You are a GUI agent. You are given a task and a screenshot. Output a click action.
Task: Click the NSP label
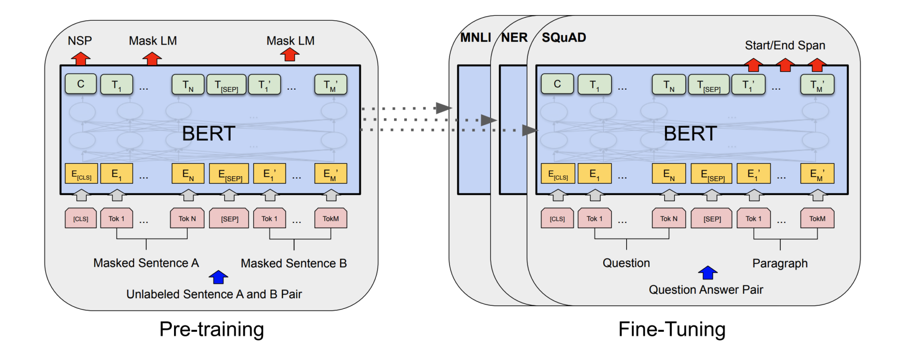click(x=80, y=41)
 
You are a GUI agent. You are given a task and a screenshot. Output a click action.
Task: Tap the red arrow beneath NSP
click(x=80, y=58)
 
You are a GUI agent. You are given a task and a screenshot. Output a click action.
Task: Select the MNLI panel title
click(x=475, y=38)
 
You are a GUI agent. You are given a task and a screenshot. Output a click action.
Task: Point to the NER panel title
click(x=514, y=38)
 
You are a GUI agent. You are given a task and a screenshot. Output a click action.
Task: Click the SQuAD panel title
click(x=564, y=38)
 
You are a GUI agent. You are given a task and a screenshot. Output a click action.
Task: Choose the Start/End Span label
click(x=785, y=45)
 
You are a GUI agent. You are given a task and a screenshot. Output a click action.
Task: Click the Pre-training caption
click(x=212, y=329)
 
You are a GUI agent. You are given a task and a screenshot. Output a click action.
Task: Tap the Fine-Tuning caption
click(x=672, y=329)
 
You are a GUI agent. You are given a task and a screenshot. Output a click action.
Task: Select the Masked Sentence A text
click(x=146, y=263)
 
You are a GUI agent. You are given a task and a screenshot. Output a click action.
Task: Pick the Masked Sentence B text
click(x=293, y=264)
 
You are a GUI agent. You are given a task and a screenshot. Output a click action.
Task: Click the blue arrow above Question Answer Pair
click(x=707, y=273)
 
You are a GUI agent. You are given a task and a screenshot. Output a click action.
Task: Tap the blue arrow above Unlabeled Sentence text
click(x=218, y=277)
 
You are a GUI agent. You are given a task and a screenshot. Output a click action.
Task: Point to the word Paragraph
click(x=780, y=264)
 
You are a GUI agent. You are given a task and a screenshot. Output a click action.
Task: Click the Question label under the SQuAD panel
click(x=626, y=263)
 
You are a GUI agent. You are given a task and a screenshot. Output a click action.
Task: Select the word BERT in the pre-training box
click(x=208, y=133)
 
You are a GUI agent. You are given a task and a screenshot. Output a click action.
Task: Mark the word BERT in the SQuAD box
click(x=690, y=133)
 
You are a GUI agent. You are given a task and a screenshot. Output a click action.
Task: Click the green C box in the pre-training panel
click(x=80, y=84)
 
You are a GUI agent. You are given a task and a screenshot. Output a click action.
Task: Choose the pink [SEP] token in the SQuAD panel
click(x=712, y=219)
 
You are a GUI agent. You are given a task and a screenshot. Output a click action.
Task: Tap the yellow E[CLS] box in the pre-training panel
click(x=81, y=174)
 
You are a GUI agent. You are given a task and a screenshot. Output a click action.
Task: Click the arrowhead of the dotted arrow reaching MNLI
click(x=443, y=108)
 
